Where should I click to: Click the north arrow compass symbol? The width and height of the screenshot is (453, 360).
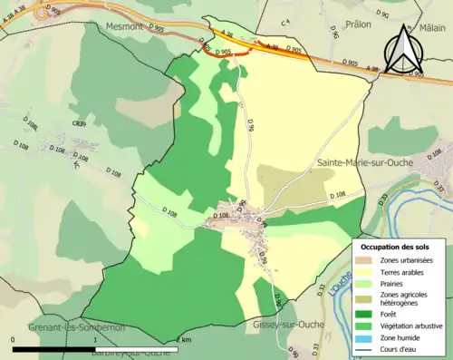404,49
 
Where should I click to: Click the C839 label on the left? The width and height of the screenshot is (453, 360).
81,123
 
